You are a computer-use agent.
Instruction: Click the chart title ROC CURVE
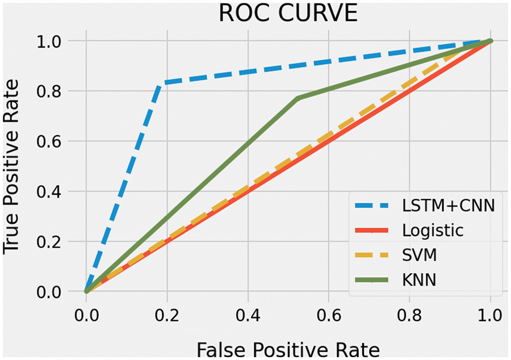[288, 14]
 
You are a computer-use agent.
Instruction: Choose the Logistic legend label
[432, 231]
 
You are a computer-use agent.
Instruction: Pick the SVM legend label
[420, 256]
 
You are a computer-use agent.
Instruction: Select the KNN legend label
[420, 280]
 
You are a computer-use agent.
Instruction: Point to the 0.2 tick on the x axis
[167, 315]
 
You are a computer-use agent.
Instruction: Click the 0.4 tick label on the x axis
[248, 315]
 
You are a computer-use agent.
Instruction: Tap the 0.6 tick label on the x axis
[329, 315]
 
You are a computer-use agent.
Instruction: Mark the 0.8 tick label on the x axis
[409, 315]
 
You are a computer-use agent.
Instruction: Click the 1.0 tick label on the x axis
[491, 315]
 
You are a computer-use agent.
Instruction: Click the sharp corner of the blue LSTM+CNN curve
[160, 83]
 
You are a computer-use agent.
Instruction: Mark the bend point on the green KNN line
[298, 98]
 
